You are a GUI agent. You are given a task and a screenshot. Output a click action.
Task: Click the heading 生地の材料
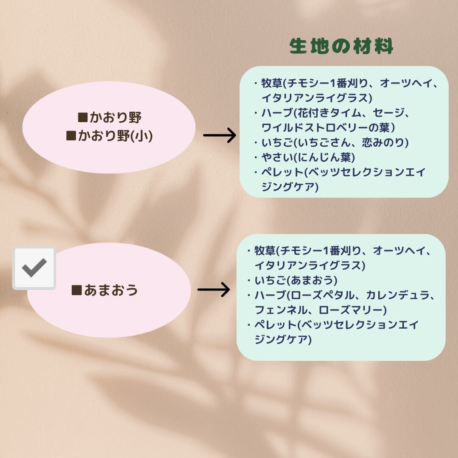pyautogui.click(x=341, y=47)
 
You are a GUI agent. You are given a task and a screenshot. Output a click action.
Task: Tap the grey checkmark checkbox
pyautogui.click(x=34, y=268)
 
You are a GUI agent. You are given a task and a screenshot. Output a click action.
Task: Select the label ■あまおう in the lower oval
pyautogui.click(x=105, y=290)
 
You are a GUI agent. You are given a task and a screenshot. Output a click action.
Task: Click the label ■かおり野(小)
pyautogui.click(x=109, y=136)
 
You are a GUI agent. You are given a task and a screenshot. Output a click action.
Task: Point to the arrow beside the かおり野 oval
pyautogui.click(x=219, y=136)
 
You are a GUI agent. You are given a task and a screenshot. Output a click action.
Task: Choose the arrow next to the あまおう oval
pyautogui.click(x=213, y=290)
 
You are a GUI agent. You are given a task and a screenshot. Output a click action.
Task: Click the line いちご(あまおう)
pyautogui.click(x=296, y=280)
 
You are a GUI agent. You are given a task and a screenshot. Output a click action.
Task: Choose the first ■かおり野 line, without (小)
pyautogui.click(x=109, y=117)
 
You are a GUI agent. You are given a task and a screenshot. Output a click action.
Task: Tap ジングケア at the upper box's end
pyautogui.click(x=289, y=187)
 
